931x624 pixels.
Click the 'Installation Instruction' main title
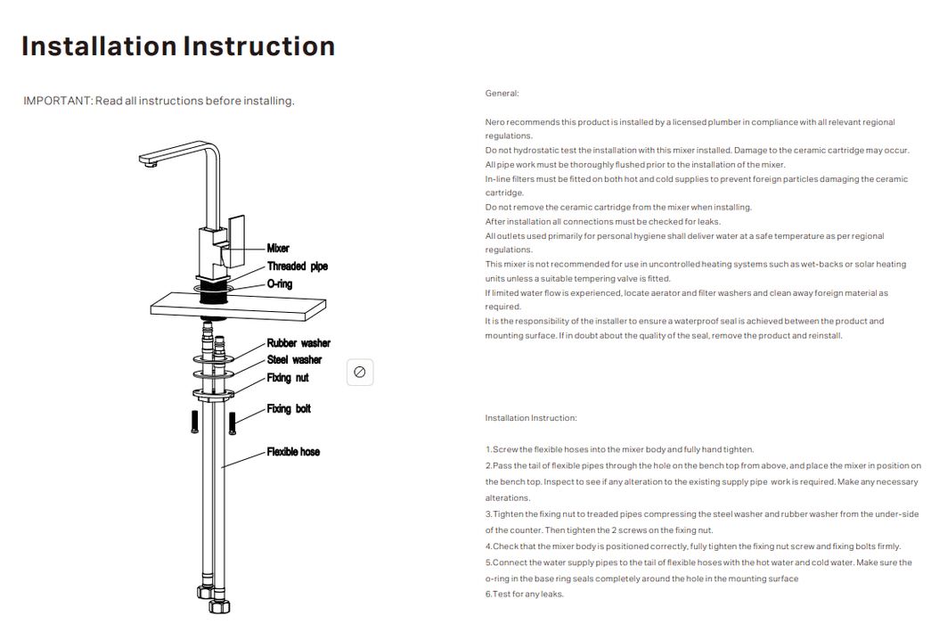(x=178, y=46)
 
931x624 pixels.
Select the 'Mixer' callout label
(x=278, y=249)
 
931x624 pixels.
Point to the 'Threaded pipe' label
(x=298, y=267)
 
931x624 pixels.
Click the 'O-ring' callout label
(x=280, y=284)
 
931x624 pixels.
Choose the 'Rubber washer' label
(x=298, y=343)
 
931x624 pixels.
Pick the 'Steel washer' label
(x=294, y=360)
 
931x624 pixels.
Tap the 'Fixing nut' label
(x=288, y=378)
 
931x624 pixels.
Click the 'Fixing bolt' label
(x=289, y=409)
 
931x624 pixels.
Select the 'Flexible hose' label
(x=293, y=452)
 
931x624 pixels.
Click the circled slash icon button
(x=360, y=373)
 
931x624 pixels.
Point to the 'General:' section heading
(x=502, y=94)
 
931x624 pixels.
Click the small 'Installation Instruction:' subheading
(x=531, y=418)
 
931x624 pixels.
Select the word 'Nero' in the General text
(x=494, y=122)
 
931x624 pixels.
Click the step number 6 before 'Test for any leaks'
(x=488, y=595)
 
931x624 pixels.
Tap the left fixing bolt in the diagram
(x=195, y=421)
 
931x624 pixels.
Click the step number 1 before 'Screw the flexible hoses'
(x=488, y=450)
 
